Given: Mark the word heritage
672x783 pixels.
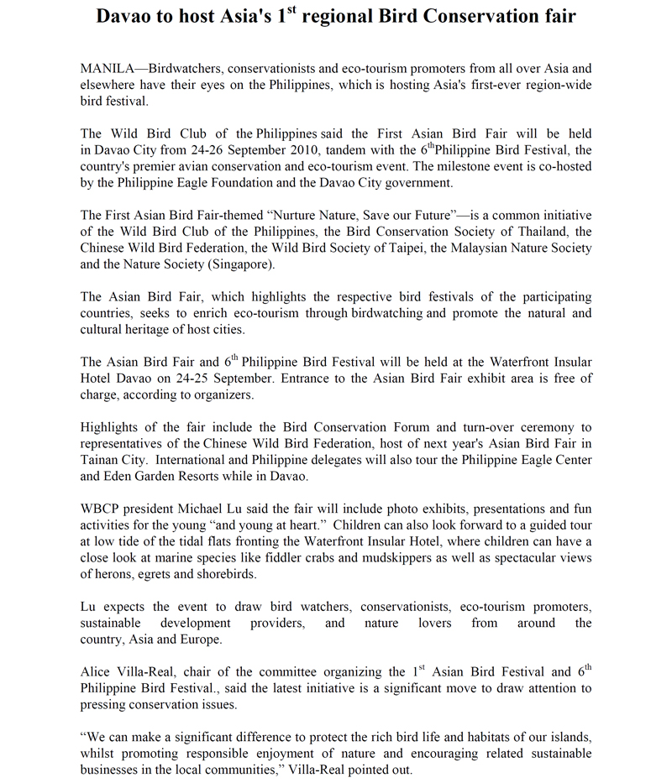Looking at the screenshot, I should tap(144, 329).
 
